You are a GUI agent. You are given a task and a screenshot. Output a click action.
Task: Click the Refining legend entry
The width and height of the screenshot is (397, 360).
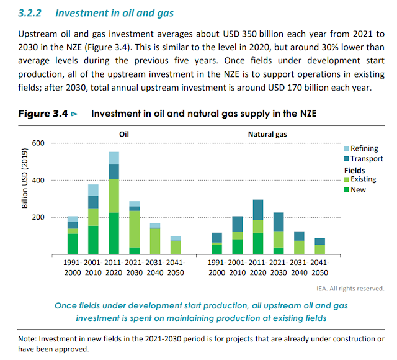pos(363,149)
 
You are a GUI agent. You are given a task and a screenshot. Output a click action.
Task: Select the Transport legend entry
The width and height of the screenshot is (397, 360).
pos(365,159)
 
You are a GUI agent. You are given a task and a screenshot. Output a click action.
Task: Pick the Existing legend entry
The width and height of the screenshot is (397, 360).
pos(363,179)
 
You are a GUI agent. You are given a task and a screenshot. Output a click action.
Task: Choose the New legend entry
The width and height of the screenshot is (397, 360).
pos(358,189)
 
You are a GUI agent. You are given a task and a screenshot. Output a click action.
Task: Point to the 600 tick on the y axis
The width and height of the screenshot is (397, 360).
pos(39,143)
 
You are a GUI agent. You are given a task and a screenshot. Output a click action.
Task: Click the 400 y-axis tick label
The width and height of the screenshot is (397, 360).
pos(39,181)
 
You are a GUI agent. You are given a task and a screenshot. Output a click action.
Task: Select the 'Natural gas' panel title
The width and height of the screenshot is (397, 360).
pos(267,133)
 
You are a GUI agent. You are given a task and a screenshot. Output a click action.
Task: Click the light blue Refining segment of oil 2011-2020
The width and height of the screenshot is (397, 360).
pos(114,158)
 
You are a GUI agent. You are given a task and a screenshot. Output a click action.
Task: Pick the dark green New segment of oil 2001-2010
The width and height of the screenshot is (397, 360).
pos(93,240)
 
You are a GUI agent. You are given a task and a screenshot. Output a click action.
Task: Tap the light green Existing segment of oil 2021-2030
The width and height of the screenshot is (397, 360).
pos(134,229)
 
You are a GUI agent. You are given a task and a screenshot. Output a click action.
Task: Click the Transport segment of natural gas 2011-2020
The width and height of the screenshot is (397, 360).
pos(257,210)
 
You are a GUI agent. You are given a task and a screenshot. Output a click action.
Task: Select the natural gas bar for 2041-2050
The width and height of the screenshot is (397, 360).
pos(319,246)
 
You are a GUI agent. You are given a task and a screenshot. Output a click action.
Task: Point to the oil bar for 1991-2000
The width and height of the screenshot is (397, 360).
pos(73,236)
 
